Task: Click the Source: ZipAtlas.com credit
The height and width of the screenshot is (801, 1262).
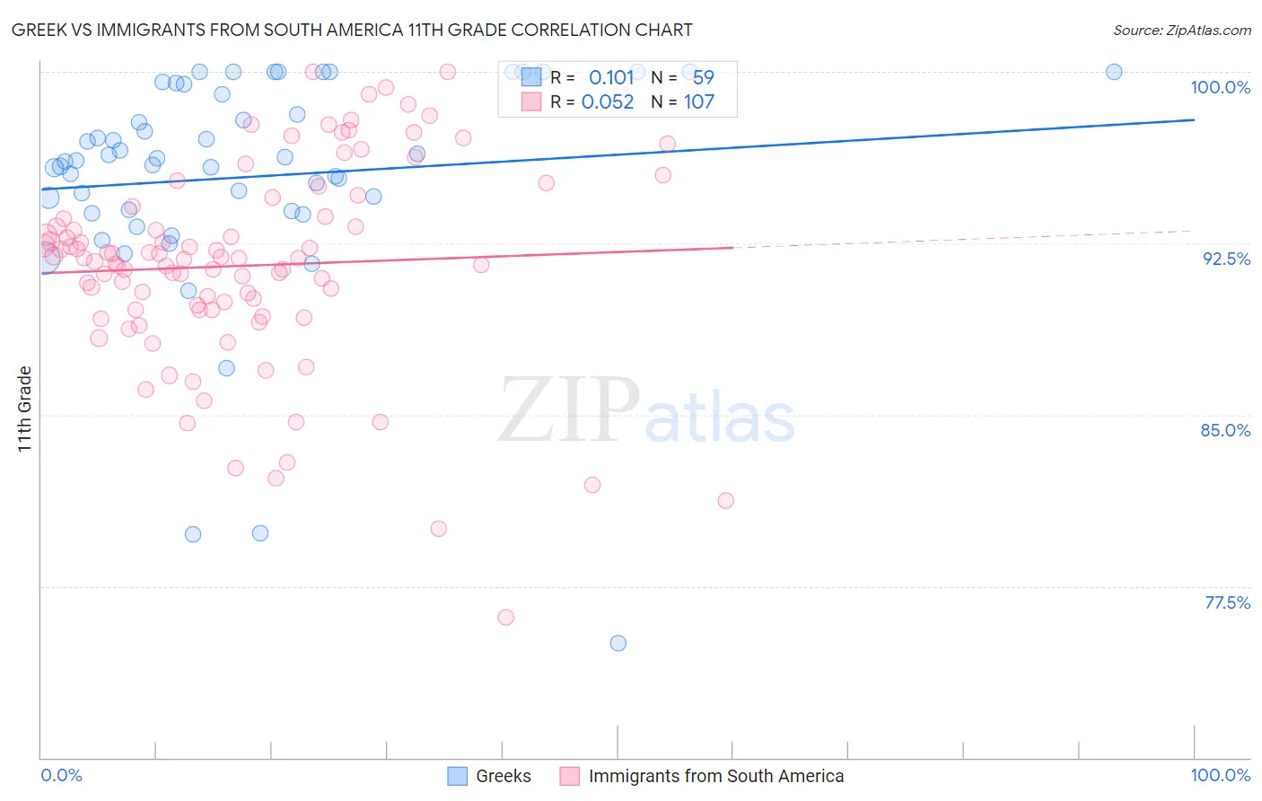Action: (x=1181, y=30)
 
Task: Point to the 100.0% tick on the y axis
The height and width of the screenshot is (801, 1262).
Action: (x=1220, y=87)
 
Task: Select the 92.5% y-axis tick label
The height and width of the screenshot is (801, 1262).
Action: (x=1226, y=259)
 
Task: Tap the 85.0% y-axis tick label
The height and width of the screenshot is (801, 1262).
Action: (x=1225, y=430)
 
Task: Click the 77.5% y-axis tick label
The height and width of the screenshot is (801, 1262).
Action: (x=1227, y=603)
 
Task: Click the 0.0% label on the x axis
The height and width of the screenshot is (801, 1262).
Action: (x=61, y=775)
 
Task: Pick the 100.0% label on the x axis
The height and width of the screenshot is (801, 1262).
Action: (x=1220, y=775)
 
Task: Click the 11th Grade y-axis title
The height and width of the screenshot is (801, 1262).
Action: (x=25, y=409)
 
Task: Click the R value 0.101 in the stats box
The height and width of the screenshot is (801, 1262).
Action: (x=611, y=77)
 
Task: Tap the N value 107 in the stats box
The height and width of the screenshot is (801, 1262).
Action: (x=699, y=101)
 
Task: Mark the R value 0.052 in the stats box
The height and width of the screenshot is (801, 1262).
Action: (x=608, y=101)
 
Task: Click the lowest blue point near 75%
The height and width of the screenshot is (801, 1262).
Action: (x=618, y=643)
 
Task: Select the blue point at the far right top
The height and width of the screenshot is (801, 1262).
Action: (x=1114, y=72)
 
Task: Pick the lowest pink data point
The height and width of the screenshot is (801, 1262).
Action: (x=505, y=617)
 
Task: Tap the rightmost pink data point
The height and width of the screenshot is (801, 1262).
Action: (x=725, y=500)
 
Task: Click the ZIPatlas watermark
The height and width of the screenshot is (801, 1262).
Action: (x=646, y=410)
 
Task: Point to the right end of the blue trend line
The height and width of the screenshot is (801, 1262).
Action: (x=1194, y=119)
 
